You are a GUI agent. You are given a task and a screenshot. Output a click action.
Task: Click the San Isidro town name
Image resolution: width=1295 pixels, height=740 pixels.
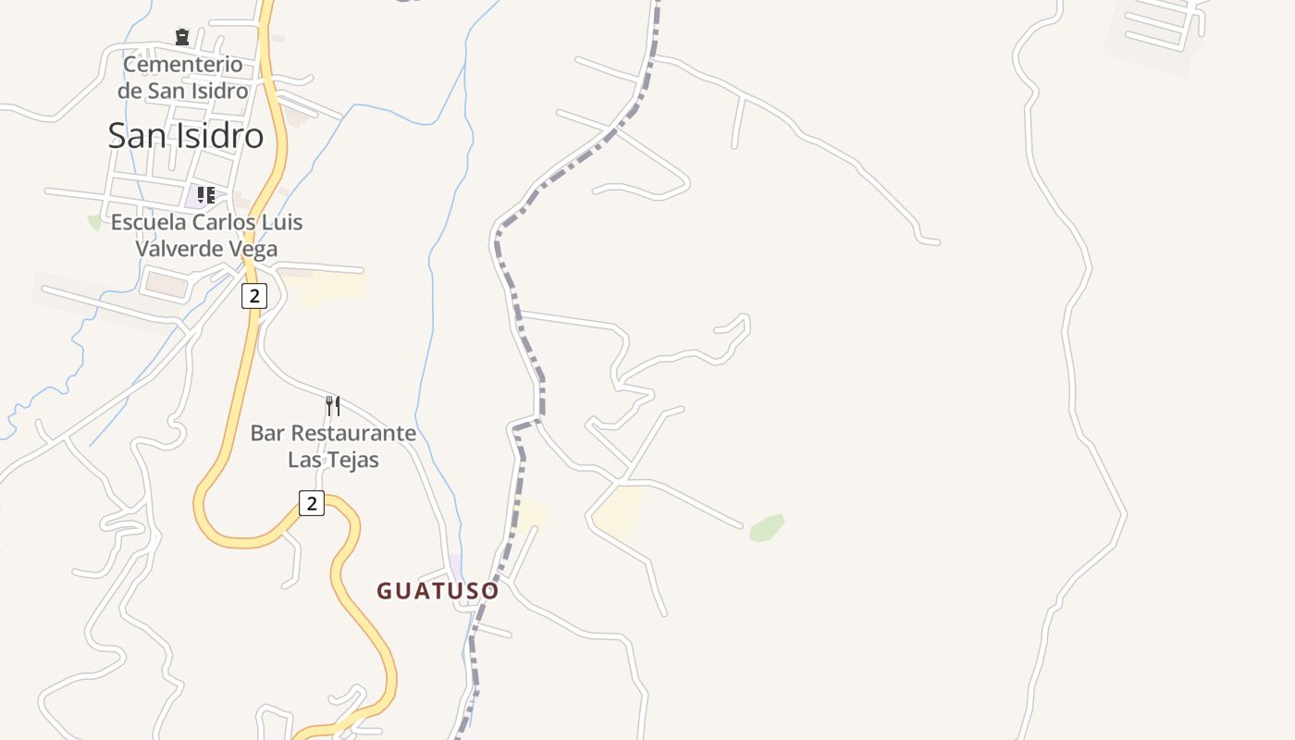pos(185,136)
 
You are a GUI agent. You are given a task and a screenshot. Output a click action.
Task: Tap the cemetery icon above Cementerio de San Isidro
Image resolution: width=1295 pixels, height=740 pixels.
pos(181,37)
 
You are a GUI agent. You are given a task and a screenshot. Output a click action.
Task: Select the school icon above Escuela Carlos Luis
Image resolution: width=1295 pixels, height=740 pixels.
pos(205,195)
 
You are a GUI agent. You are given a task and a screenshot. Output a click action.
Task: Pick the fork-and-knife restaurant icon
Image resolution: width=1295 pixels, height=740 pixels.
pos(333,405)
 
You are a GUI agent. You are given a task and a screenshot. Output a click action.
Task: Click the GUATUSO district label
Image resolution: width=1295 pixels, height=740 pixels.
pos(438,591)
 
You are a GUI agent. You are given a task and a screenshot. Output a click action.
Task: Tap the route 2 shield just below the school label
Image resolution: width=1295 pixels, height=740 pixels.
pos(253,296)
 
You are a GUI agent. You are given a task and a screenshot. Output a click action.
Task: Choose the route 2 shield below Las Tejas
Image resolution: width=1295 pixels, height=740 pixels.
pos(312,503)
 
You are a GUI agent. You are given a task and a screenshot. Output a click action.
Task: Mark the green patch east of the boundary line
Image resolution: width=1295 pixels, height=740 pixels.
pos(767,528)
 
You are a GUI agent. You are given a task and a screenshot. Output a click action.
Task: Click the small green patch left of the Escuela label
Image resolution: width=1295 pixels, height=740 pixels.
pos(94,222)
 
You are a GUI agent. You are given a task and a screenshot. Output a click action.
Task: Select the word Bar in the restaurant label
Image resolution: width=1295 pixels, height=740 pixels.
pos(268,433)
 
